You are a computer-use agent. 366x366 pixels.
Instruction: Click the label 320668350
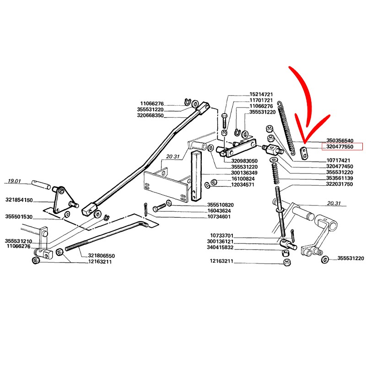tap(149, 116)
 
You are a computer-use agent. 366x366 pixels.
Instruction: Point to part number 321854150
tap(19, 200)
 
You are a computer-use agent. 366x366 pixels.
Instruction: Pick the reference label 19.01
tap(16, 182)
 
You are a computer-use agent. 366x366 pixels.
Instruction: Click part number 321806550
tap(101, 256)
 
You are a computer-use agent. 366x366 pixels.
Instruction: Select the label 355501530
tap(19, 216)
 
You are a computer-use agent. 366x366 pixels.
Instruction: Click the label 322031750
tap(339, 184)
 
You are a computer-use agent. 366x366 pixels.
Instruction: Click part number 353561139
tap(339, 178)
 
